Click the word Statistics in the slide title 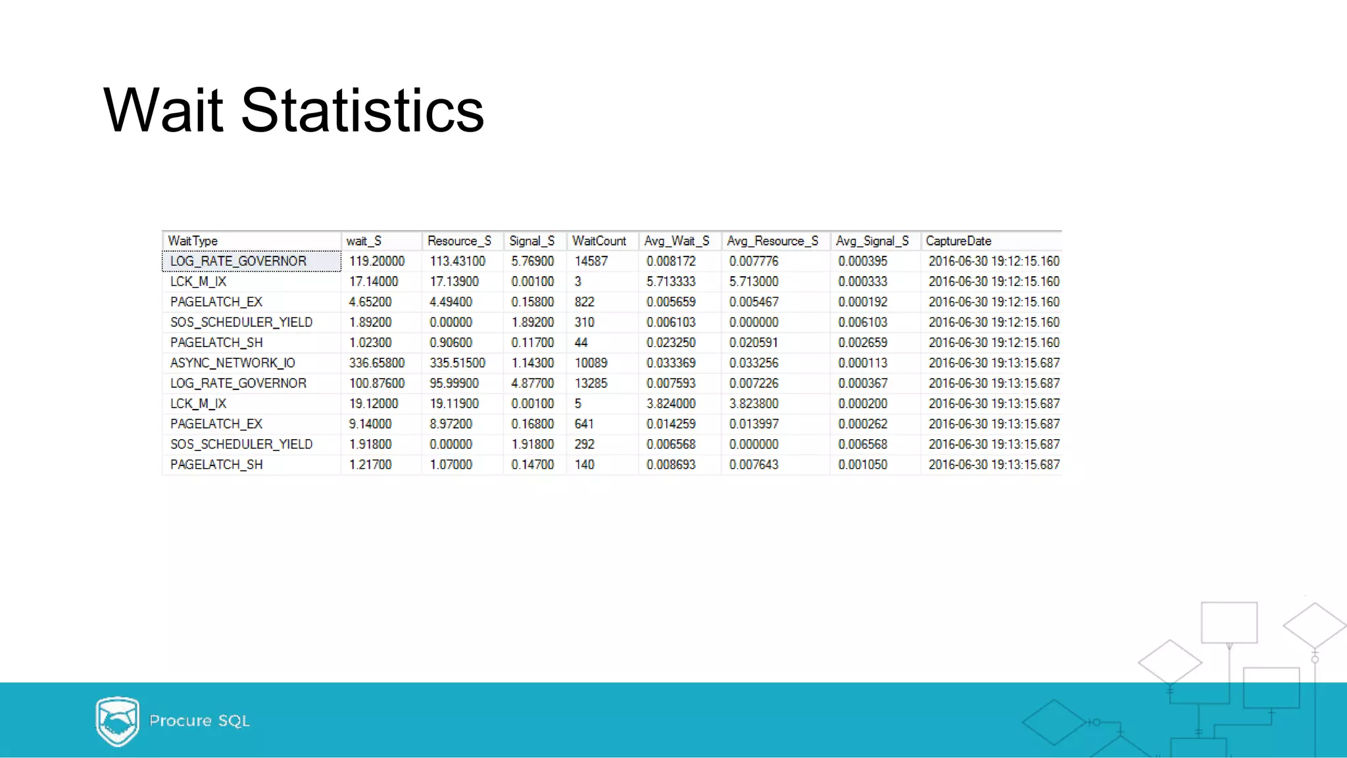tap(362, 110)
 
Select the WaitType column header tap(193, 241)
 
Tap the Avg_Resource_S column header tap(772, 241)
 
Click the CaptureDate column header tap(958, 241)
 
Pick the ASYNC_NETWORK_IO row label tap(232, 363)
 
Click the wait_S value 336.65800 tap(376, 363)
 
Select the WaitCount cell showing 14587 tap(591, 261)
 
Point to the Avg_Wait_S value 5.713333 tap(670, 281)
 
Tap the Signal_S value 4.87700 tap(532, 383)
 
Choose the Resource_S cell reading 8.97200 tap(451, 424)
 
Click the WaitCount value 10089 tap(591, 363)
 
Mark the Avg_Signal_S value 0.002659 tap(862, 343)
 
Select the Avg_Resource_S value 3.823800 tap(753, 404)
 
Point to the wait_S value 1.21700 tap(370, 465)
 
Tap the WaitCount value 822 tap(584, 302)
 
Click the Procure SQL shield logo tap(117, 721)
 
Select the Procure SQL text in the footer tap(199, 721)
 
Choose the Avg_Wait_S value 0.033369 tap(670, 363)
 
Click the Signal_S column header tap(531, 241)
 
